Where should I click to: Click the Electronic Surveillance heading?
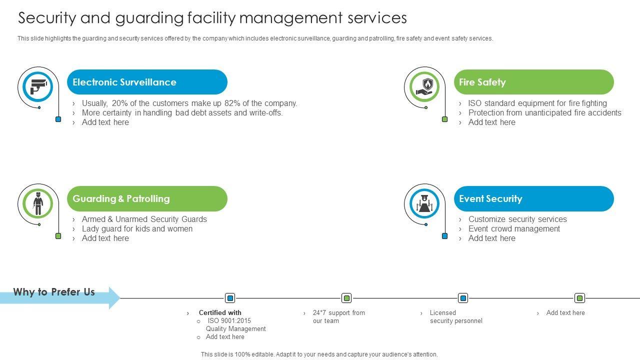124,82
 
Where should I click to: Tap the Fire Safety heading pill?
533,82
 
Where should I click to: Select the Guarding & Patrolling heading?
121,199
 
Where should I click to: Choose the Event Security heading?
533,199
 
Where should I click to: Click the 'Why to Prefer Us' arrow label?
54,292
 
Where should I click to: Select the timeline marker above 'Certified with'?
230,298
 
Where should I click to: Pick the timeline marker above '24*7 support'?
346,298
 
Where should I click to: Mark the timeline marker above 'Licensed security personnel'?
463,298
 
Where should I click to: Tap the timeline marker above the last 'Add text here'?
579,298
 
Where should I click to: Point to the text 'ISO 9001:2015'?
229,321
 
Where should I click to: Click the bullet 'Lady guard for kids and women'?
137,229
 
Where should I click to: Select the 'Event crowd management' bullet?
514,229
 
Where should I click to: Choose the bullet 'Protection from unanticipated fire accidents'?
544,113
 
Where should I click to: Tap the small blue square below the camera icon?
58,119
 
